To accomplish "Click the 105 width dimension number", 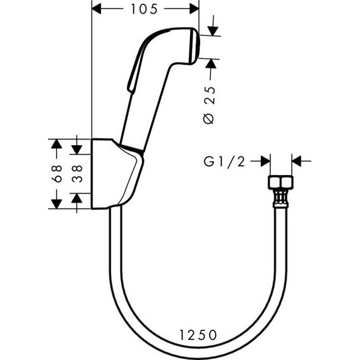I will tap(145, 9).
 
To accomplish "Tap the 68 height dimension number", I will tap(56, 174).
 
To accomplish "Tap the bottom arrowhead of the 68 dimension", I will tap(56, 201).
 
